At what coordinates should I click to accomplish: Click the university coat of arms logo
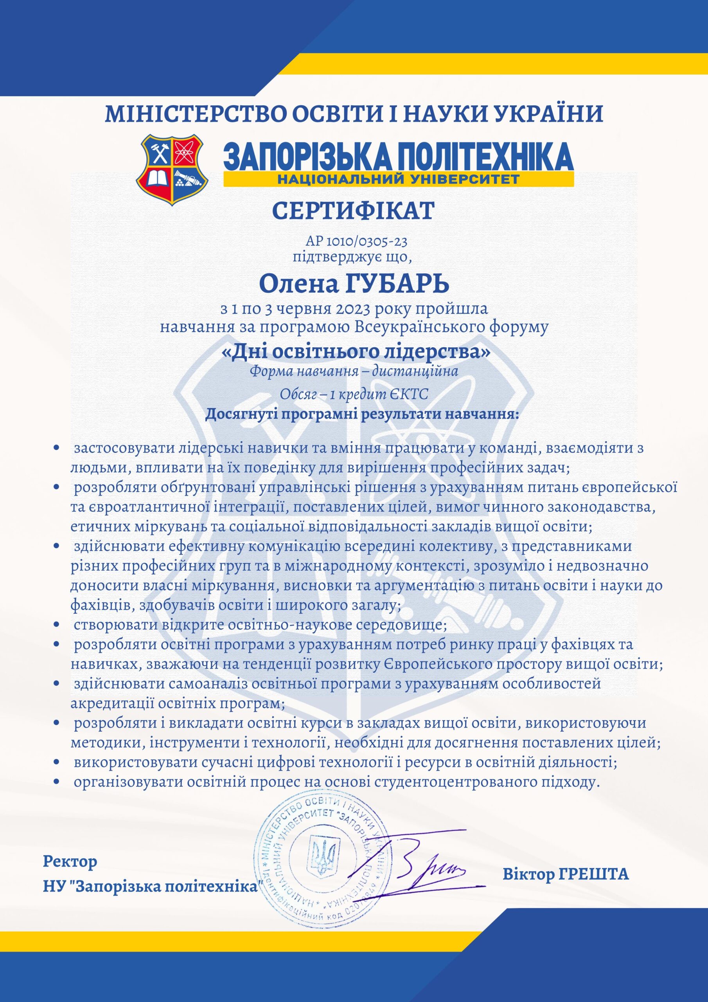[171, 169]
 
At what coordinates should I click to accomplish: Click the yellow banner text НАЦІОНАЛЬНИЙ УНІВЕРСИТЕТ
[398, 179]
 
